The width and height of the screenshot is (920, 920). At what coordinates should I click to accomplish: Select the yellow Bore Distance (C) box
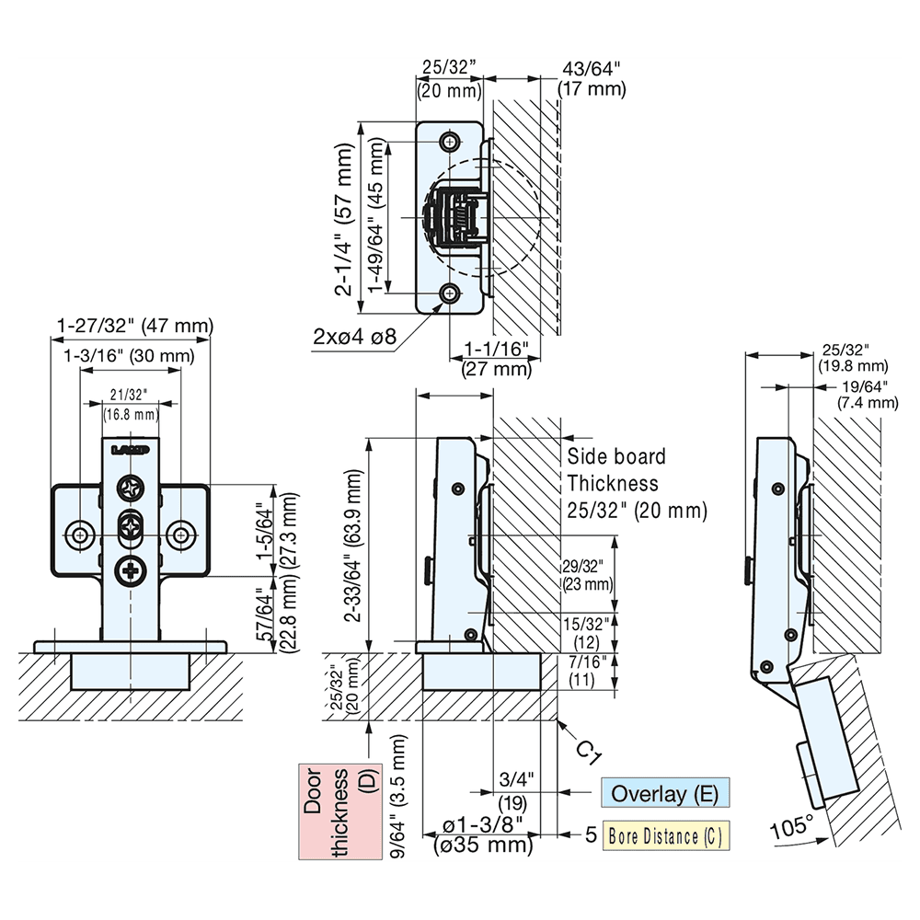[x=664, y=836]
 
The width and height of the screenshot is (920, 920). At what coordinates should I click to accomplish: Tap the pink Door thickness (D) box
[x=340, y=811]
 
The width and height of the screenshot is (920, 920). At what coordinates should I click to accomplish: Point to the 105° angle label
[x=791, y=825]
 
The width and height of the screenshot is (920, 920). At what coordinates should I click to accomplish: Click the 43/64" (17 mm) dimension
[x=592, y=78]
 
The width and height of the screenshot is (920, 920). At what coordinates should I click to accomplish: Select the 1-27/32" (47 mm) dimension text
[x=134, y=326]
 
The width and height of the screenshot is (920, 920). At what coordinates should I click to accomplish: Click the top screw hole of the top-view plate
[x=451, y=142]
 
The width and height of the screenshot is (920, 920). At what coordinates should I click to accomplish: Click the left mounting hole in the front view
[x=79, y=533]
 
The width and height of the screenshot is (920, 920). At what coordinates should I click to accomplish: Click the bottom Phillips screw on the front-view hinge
[x=131, y=571]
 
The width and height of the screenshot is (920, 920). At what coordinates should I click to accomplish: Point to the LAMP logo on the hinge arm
[x=130, y=451]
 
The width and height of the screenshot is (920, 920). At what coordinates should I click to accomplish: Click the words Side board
[x=615, y=456]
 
